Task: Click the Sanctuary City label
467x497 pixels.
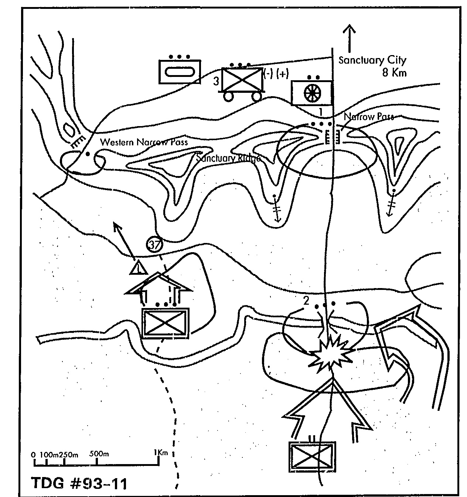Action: coord(372,60)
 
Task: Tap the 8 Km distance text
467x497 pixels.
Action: coord(394,72)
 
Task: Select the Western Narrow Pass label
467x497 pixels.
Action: coord(144,142)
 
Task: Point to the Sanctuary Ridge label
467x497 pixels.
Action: coord(228,158)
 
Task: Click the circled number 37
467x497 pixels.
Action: coord(154,244)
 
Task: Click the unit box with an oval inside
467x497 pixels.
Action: coord(180,71)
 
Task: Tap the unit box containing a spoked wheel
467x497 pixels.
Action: coord(312,93)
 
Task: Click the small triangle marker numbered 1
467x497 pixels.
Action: coord(138,268)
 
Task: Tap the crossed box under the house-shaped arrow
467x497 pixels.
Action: coord(165,323)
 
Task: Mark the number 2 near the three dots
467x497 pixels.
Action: coord(306,301)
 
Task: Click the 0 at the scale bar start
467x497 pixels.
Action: coord(34,454)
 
